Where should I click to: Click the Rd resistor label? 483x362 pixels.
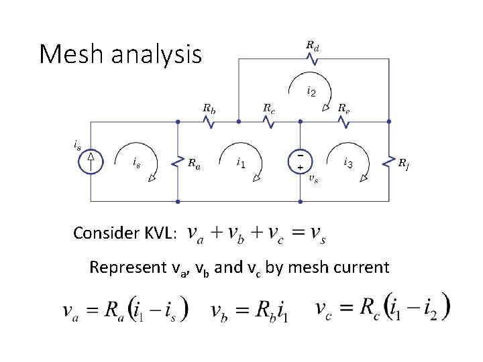pyautogui.click(x=313, y=45)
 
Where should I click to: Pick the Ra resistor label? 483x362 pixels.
pyautogui.click(x=194, y=163)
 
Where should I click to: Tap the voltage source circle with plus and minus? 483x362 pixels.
pyautogui.click(x=300, y=161)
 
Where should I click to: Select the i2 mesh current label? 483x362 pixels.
pyautogui.click(x=312, y=90)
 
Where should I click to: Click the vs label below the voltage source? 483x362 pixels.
pyautogui.click(x=313, y=179)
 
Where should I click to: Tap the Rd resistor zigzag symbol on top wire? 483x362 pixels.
pyautogui.click(x=313, y=59)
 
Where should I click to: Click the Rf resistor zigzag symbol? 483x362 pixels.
pyautogui.click(x=389, y=161)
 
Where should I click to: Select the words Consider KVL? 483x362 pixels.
pyautogui.click(x=125, y=233)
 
